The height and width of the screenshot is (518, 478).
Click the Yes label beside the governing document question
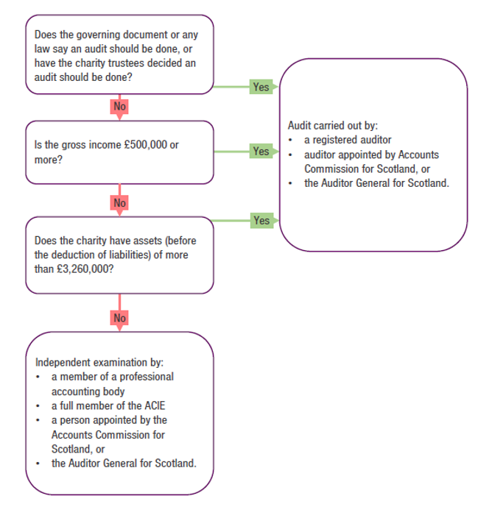(261, 87)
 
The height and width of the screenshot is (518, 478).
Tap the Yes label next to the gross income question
(261, 151)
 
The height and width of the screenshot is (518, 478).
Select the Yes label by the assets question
(261, 220)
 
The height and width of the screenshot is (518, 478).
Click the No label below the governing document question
(119, 107)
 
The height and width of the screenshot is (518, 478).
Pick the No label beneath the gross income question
(119, 202)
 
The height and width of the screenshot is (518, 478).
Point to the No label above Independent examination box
(119, 318)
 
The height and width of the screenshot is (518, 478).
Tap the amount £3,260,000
(84, 269)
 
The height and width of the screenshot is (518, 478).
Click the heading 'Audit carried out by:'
(332, 126)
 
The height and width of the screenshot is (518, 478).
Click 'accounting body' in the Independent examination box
(88, 391)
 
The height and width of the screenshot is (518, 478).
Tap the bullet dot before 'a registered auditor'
(292, 140)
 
